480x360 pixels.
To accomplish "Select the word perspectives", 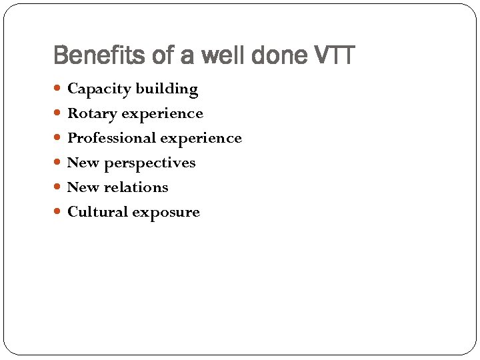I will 150,163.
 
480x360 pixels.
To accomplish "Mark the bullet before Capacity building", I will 59,89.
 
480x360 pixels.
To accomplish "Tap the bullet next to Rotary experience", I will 59,113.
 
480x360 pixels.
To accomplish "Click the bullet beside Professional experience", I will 59,138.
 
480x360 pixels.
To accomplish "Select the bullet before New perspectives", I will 59,163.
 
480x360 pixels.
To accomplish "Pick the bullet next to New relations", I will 59,187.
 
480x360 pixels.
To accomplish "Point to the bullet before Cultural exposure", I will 59,212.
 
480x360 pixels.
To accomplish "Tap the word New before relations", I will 83,187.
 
